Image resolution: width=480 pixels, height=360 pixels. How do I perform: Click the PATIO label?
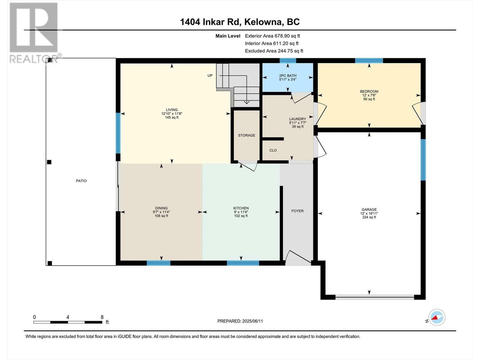coord(81,181)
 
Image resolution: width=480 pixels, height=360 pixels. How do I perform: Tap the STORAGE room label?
coord(247,135)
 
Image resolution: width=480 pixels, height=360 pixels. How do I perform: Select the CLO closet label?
coord(273,150)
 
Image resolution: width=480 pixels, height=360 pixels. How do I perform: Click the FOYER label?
coord(297,211)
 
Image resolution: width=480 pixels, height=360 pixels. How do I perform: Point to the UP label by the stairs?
coord(210,76)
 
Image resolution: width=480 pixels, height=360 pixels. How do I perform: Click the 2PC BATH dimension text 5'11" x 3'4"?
coord(288,79)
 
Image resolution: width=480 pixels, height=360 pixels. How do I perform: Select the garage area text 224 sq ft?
coord(369,217)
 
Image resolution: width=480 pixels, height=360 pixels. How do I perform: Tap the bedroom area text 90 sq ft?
coord(369,99)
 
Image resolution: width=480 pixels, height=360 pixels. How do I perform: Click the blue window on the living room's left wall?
coord(118,133)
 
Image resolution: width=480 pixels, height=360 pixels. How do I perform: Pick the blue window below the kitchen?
coord(243,263)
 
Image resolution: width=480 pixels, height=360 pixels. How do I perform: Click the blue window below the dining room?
coord(158,263)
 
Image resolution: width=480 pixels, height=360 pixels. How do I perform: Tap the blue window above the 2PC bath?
coord(288,61)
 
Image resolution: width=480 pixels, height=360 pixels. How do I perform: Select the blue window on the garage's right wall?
coord(423,160)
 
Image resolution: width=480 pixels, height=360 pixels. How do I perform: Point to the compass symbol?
coord(437,317)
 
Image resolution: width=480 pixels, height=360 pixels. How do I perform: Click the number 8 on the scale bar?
coord(102,317)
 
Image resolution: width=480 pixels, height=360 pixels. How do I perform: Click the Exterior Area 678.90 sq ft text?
coord(272,36)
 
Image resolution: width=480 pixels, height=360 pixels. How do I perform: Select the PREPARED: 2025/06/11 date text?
coord(240,321)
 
